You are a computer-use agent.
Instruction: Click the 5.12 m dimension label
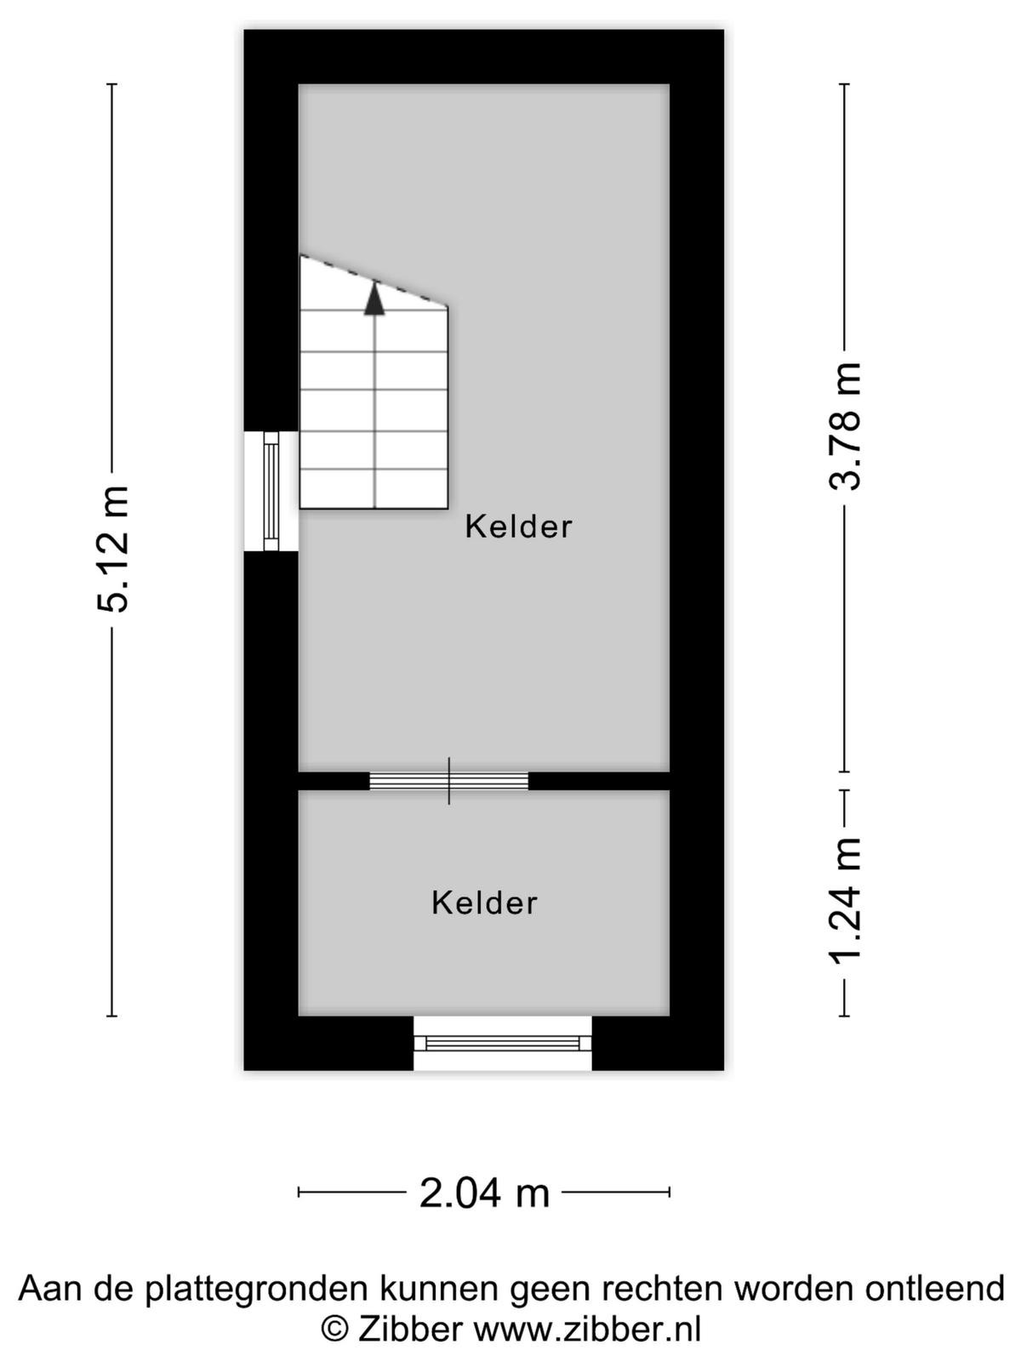113,549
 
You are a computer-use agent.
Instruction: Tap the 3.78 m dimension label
845,427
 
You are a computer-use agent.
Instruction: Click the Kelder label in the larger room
518,527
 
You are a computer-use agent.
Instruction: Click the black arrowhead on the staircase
374,299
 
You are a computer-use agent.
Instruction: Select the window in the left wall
271,491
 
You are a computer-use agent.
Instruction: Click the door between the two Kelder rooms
449,781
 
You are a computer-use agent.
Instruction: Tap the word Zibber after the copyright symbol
409,1329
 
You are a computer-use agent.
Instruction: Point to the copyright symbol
334,1330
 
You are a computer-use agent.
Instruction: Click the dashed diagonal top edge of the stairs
374,281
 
